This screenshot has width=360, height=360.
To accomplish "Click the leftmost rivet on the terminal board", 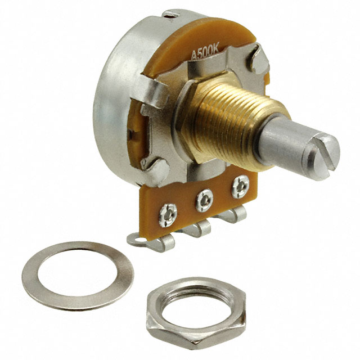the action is [168, 215].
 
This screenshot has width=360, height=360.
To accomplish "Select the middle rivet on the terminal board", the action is [204, 200].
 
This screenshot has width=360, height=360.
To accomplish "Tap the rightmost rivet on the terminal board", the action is [240, 186].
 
